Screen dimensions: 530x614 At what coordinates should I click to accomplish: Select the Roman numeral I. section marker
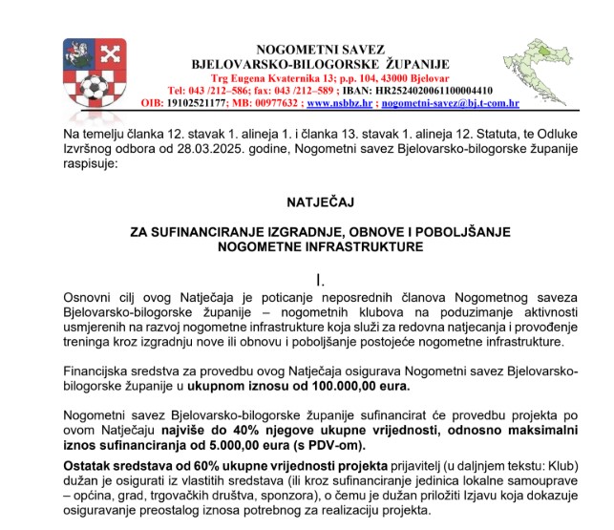(321, 279)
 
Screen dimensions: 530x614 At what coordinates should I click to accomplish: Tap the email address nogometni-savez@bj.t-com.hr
(450, 101)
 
